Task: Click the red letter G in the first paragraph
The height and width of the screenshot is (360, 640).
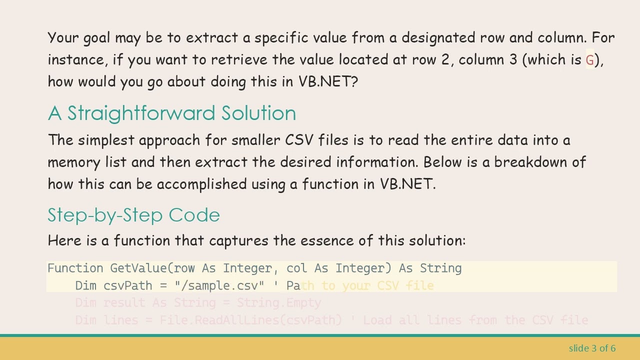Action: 589,60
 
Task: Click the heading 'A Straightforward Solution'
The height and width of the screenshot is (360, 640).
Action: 172,113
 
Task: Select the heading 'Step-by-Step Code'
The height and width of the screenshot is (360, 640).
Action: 133,215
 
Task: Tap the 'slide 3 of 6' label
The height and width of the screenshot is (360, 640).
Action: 592,348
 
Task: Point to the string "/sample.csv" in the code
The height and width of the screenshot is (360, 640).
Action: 219,285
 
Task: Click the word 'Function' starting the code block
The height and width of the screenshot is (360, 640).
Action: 75,268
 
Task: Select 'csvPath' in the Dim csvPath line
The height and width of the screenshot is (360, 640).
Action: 121,285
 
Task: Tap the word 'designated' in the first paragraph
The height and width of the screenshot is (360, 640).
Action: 438,38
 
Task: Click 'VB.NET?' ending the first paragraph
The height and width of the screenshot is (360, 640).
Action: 328,81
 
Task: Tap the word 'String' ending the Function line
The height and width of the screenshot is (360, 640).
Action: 440,268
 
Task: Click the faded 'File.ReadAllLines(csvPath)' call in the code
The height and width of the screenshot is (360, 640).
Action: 250,320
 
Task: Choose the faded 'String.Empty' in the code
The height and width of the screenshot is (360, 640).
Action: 278,303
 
